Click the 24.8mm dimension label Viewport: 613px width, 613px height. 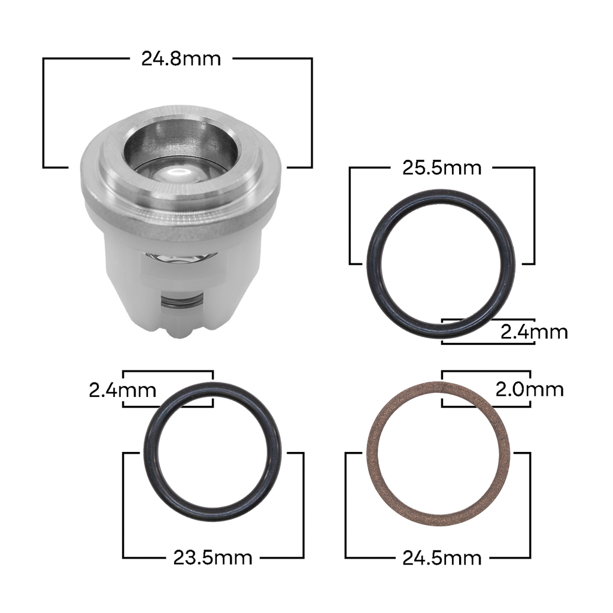click(181, 59)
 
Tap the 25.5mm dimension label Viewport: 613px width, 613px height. click(442, 168)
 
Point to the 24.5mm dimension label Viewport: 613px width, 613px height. click(442, 558)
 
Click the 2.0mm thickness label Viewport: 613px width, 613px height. click(529, 389)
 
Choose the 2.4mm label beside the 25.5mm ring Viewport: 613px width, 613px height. click(534, 332)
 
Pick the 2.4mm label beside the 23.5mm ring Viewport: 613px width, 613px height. click(122, 390)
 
